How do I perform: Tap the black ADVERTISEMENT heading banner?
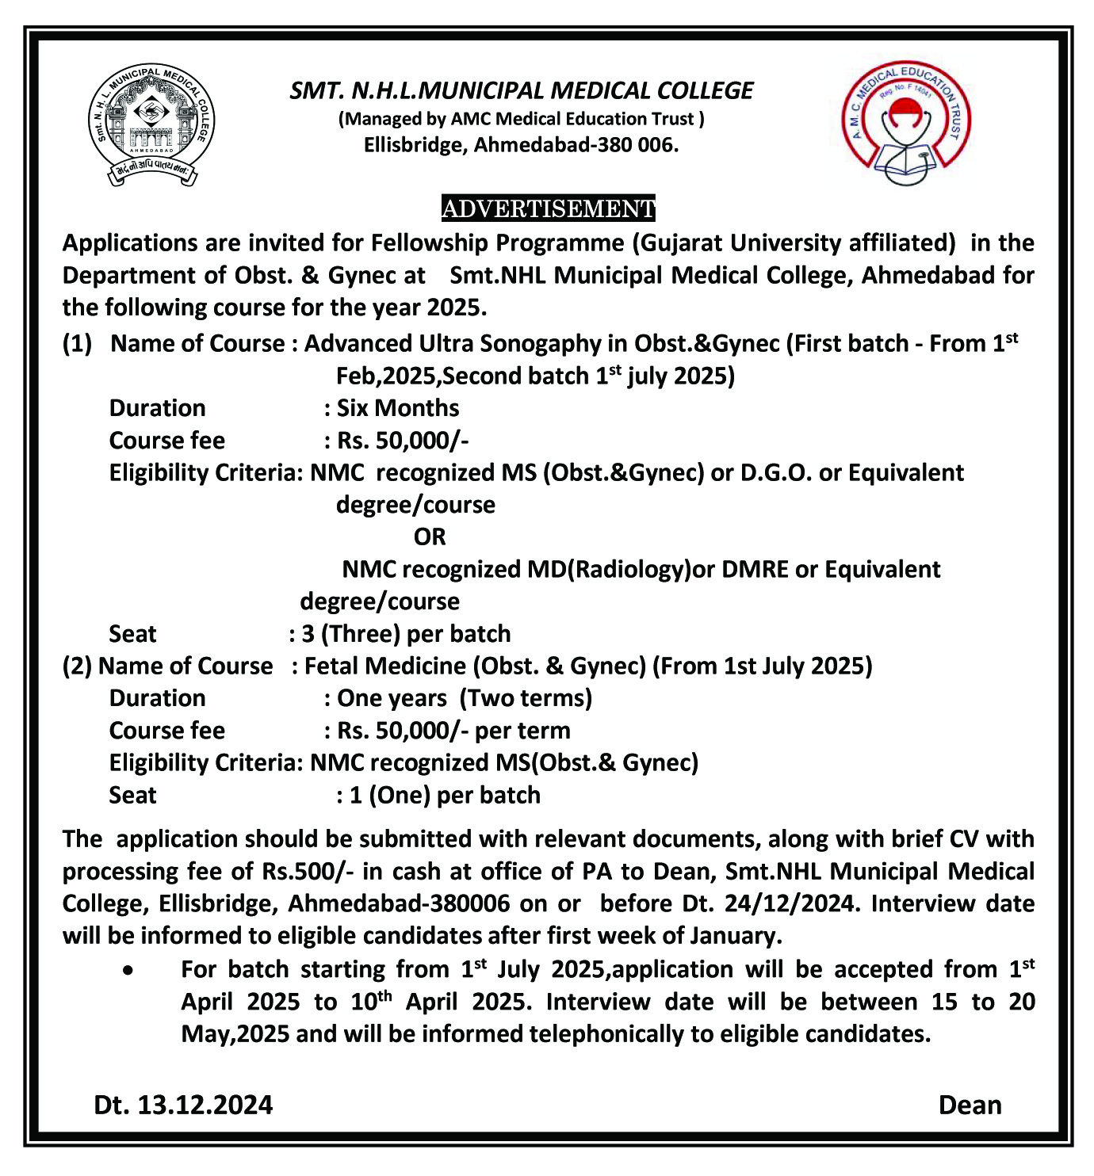548,208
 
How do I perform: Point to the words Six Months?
398,408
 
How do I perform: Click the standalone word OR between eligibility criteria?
430,537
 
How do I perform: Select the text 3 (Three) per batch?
406,634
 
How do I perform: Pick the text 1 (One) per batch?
445,795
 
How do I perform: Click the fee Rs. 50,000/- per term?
453,731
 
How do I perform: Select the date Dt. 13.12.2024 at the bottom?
183,1105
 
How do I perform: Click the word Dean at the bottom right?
970,1105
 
